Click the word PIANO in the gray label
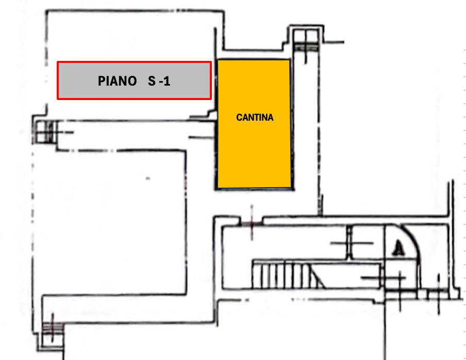(x=117, y=81)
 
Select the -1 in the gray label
(x=164, y=81)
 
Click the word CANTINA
(x=255, y=118)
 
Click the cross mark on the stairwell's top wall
(x=251, y=223)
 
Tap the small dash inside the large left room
(x=148, y=178)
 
